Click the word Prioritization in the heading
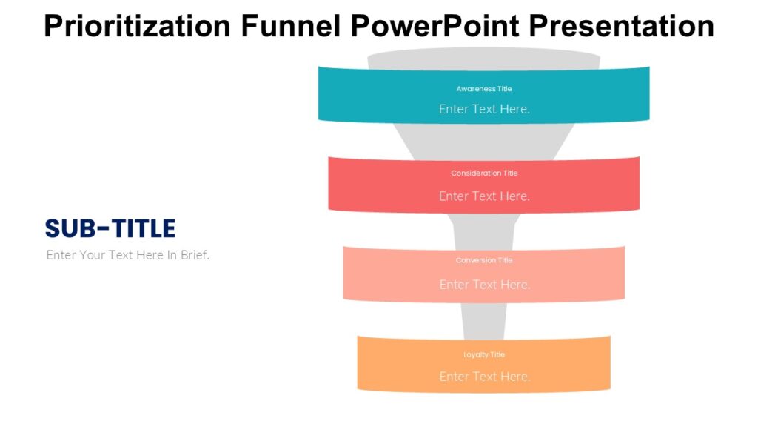tap(136, 26)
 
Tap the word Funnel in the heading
tap(290, 26)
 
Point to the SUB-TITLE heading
tap(110, 228)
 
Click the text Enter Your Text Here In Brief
tap(128, 255)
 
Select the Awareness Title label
tap(484, 89)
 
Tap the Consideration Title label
tap(484, 173)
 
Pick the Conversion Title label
tap(484, 260)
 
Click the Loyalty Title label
tap(484, 354)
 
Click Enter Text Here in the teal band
tap(484, 109)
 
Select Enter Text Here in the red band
tap(484, 196)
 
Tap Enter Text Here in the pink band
tap(484, 285)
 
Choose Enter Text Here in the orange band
tap(484, 377)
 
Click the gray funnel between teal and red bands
tap(484, 139)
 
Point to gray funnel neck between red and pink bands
tap(484, 230)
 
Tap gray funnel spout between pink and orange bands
tap(484, 319)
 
